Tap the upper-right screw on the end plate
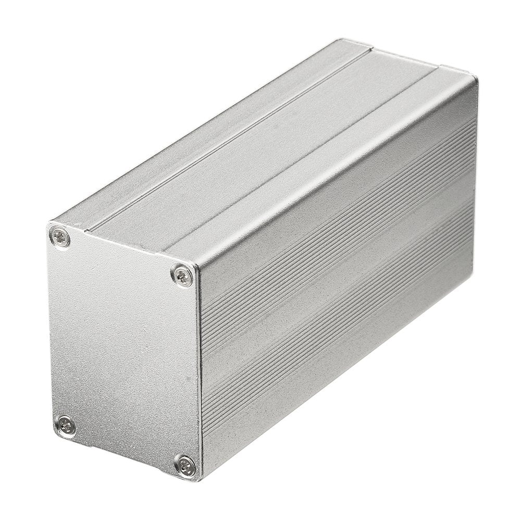pos(182,274)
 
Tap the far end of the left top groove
pos(370,49)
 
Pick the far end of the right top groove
pos(440,68)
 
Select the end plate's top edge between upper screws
pos(120,250)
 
